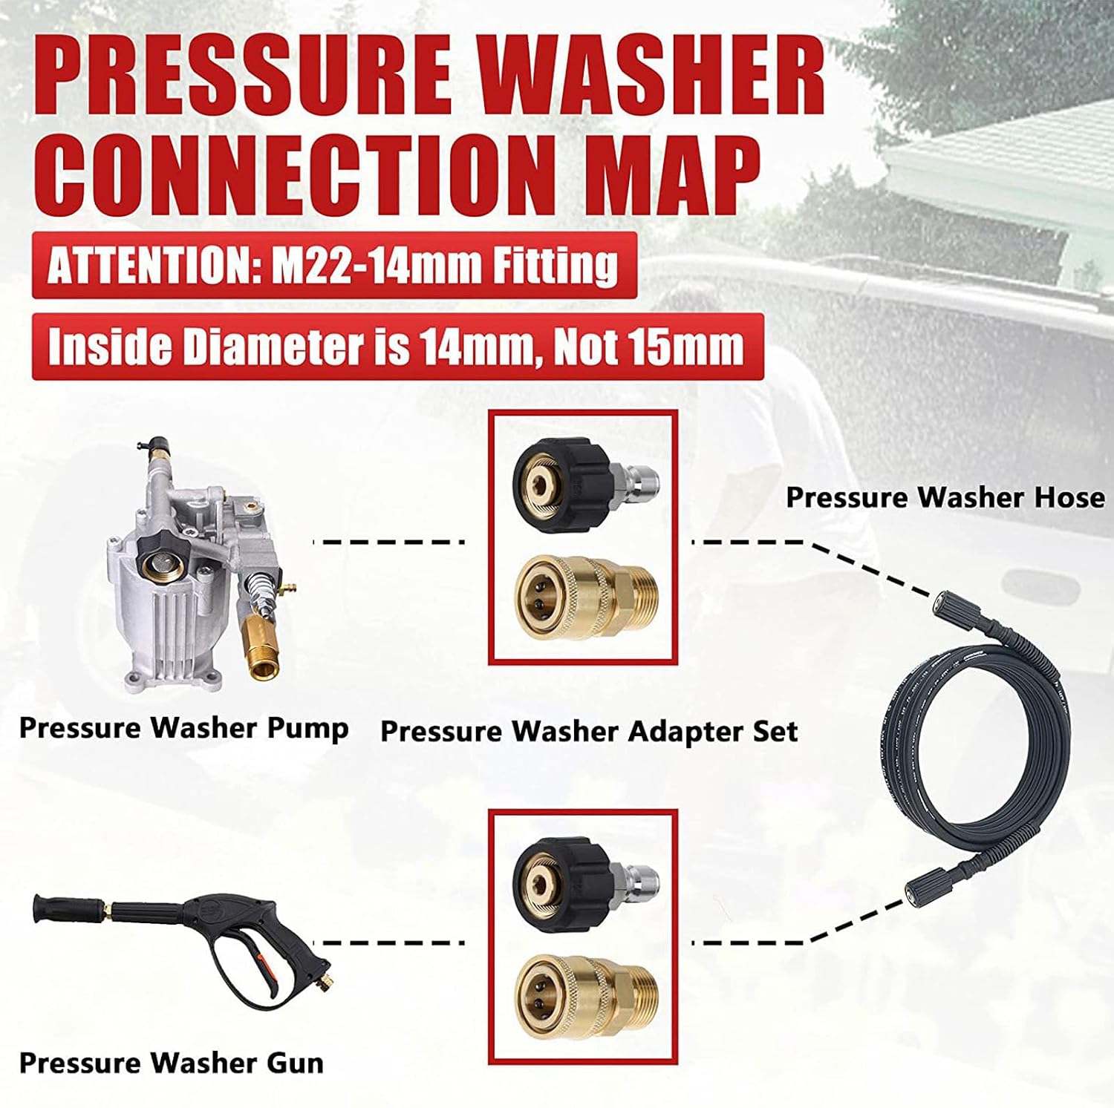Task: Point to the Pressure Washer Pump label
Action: (x=183, y=727)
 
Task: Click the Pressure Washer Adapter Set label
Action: (x=589, y=731)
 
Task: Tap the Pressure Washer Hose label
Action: (x=945, y=496)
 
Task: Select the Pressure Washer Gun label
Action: (x=172, y=1063)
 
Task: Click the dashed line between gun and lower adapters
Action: (x=394, y=943)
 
